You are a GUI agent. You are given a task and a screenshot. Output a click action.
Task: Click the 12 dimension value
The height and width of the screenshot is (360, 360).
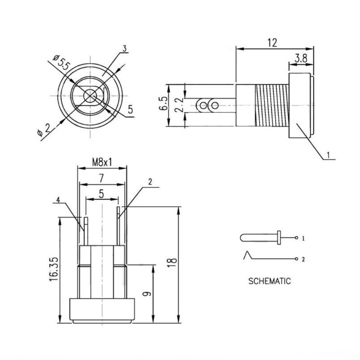[x=272, y=43]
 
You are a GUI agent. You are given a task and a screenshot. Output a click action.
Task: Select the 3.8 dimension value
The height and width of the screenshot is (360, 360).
[x=301, y=58]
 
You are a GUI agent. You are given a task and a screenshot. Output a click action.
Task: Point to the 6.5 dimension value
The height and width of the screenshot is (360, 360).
[x=163, y=103]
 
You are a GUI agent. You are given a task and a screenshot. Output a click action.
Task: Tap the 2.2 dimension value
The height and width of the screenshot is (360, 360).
[x=179, y=105]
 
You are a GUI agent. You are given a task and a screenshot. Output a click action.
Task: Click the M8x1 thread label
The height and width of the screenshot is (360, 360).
[x=102, y=162]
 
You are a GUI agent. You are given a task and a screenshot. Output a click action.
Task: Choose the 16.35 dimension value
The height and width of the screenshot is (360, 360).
[x=54, y=269]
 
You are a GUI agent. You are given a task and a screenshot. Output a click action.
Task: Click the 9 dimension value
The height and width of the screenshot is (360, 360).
[x=147, y=294]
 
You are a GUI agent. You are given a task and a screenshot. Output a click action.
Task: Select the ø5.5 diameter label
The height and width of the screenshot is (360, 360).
[x=61, y=63]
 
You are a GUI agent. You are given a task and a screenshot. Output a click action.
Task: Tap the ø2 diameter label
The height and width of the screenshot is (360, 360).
[x=44, y=130]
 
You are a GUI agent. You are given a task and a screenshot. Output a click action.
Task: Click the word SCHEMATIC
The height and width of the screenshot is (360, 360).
[x=270, y=281]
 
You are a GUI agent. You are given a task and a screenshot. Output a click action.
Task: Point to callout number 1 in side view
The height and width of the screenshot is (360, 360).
[x=328, y=155]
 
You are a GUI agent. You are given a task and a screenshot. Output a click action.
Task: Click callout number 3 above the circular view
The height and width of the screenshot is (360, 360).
[x=125, y=49]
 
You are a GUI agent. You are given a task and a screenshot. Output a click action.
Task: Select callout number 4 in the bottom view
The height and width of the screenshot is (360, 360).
[x=58, y=200]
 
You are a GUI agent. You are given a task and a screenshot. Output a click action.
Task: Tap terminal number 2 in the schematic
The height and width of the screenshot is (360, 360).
[x=303, y=260]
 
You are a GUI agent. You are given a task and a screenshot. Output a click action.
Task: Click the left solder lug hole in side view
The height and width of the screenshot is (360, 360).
[x=203, y=106]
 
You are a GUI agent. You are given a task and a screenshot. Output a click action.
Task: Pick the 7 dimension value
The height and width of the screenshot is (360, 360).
[x=101, y=178]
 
